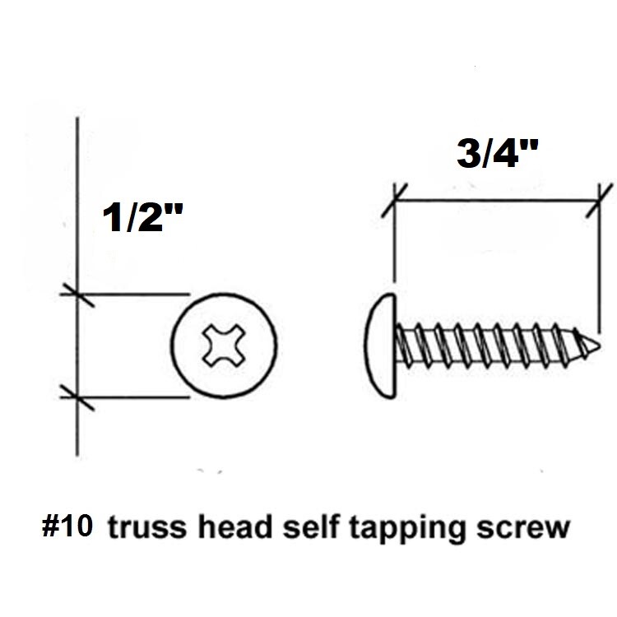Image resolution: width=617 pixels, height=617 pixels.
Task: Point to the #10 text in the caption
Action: (x=67, y=527)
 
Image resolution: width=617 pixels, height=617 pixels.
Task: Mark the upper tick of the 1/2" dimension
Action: (x=77, y=293)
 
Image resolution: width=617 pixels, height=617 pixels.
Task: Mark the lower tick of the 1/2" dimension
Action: (x=77, y=397)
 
